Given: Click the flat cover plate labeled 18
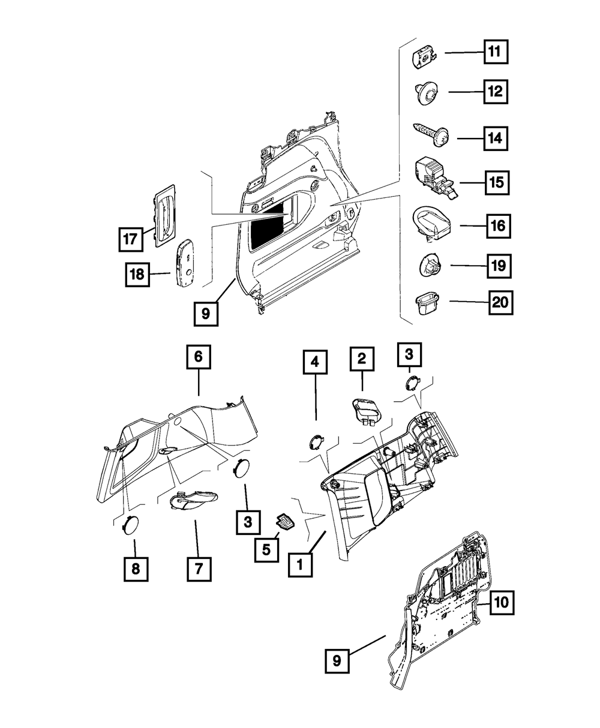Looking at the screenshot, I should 185,264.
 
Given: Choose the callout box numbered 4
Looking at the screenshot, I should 314,363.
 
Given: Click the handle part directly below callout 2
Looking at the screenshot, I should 365,411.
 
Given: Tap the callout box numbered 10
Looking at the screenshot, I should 502,603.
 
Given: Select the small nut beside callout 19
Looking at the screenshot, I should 428,264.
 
